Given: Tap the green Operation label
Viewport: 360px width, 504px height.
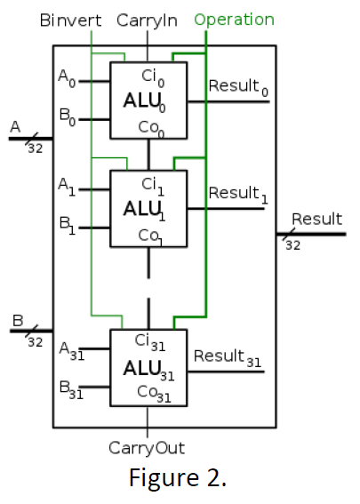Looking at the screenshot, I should [234, 19].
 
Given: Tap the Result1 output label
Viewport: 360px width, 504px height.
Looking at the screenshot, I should [237, 194].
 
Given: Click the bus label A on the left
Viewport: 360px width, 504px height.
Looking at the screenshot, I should [14, 128].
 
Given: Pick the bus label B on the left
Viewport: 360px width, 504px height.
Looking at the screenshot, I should [15, 321].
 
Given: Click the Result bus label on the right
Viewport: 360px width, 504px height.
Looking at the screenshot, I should [316, 220].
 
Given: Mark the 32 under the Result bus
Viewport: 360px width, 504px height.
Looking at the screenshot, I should [292, 244].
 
